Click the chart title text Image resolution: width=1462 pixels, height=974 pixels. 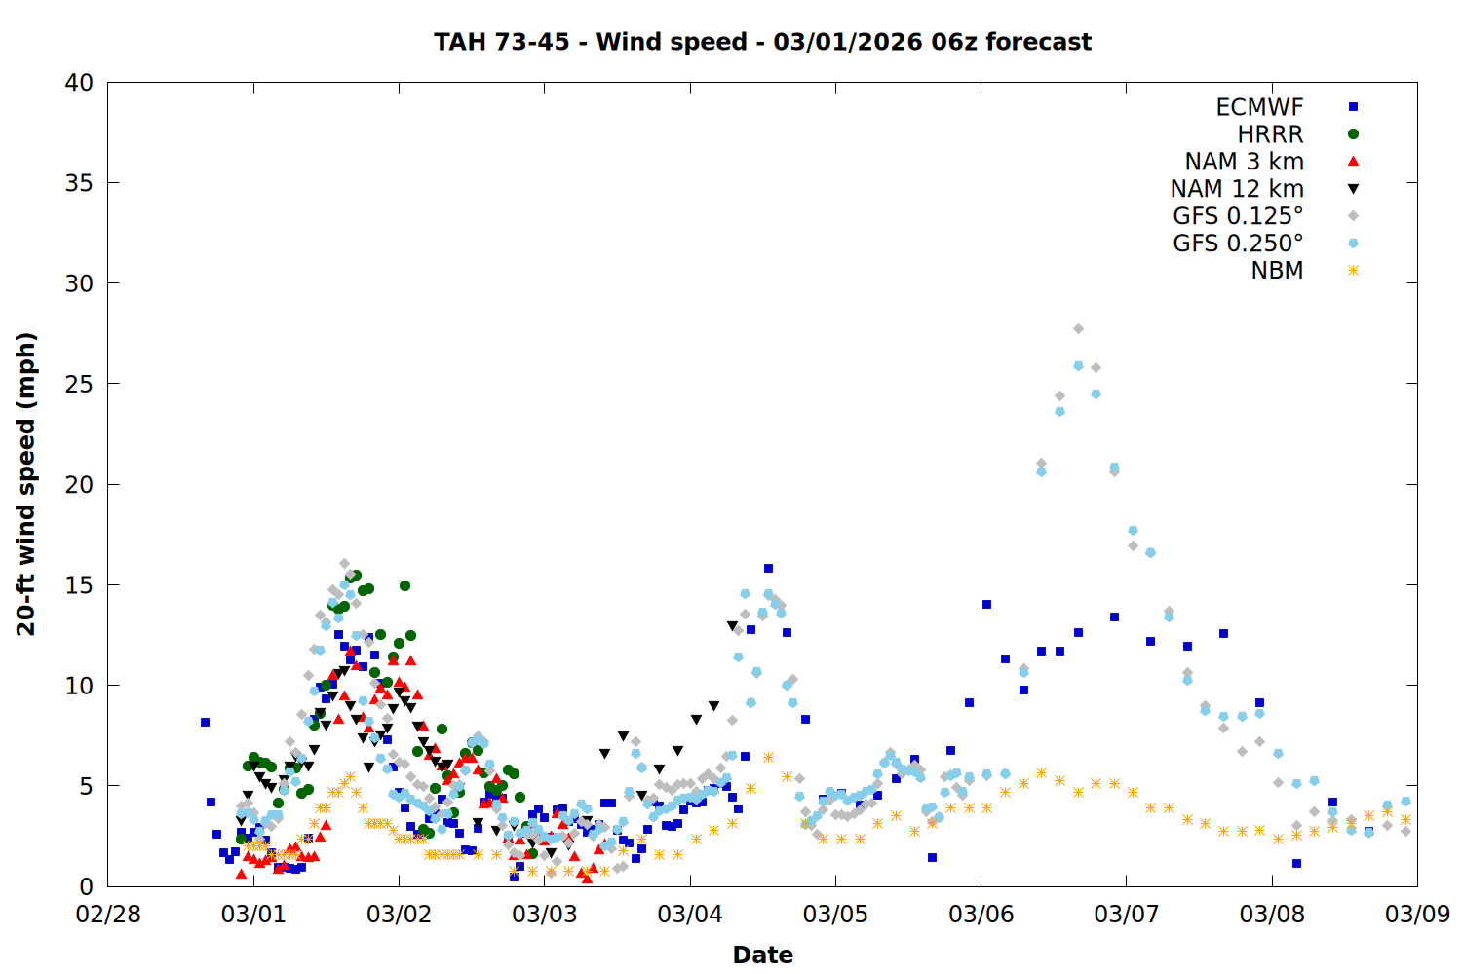(x=762, y=42)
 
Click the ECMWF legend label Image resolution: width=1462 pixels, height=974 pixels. (x=1259, y=107)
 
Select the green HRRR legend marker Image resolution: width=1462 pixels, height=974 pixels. (x=1353, y=134)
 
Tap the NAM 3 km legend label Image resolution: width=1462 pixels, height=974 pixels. (x=1244, y=162)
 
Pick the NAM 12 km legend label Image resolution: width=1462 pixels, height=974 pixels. (x=1237, y=189)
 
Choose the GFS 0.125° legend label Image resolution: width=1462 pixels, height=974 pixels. (x=1238, y=216)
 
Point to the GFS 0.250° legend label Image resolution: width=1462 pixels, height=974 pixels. (x=1238, y=243)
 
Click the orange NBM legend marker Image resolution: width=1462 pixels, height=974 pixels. (x=1353, y=271)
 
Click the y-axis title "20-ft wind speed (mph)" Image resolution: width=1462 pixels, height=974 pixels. (x=26, y=484)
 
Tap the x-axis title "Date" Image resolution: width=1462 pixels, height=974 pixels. (x=762, y=955)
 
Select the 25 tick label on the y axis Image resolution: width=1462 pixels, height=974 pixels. (x=79, y=384)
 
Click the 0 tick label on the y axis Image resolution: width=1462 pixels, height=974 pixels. (x=87, y=886)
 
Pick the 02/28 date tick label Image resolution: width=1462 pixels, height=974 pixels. (x=108, y=915)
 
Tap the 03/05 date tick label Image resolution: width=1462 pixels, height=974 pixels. (x=835, y=915)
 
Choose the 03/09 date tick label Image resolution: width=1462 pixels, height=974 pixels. (x=1417, y=915)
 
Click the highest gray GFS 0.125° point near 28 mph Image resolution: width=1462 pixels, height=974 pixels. (x=1078, y=329)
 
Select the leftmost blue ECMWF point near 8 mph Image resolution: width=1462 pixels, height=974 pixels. (x=205, y=722)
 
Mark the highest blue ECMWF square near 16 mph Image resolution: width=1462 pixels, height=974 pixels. (x=768, y=568)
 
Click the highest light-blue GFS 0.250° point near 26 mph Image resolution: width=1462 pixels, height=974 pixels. (x=1078, y=366)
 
